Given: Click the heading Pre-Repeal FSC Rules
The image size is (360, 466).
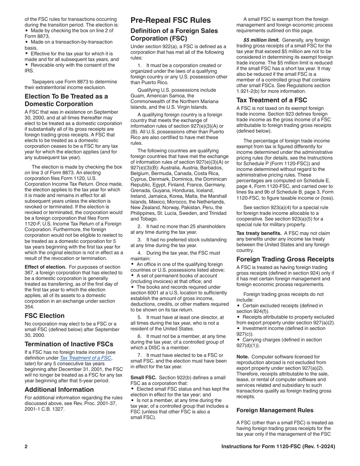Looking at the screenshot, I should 171,20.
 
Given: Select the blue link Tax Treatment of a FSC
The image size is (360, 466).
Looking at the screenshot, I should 85,358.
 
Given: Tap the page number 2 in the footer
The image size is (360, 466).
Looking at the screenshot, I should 26,446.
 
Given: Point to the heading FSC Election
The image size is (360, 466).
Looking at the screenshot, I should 44,316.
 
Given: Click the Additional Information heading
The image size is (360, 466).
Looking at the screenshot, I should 59,389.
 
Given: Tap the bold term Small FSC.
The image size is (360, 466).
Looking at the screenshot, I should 143,377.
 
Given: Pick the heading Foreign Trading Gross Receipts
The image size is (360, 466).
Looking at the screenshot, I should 285,259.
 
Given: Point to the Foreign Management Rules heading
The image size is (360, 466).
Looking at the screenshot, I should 272,410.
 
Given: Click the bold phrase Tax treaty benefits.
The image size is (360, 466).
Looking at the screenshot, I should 259,233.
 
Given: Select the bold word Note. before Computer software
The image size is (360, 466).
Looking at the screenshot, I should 243,357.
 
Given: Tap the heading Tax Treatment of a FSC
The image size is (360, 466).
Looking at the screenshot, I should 272,100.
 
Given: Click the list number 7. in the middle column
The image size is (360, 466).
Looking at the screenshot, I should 139,355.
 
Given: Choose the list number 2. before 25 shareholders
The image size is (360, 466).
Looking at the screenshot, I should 139,226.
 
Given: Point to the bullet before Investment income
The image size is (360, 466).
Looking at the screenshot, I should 238,328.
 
